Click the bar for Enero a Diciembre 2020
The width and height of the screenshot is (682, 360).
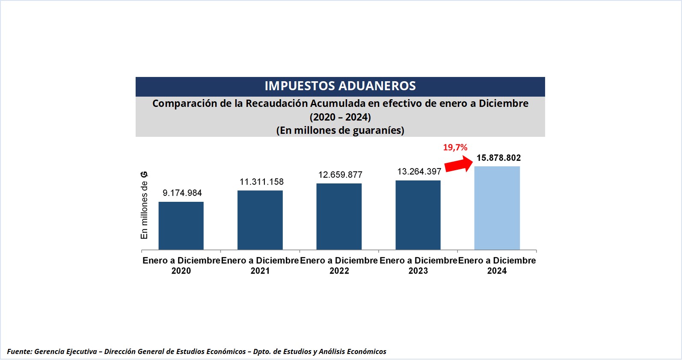tap(181, 226)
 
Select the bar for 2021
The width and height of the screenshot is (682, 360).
tap(260, 220)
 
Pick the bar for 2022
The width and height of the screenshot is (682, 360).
tap(339, 217)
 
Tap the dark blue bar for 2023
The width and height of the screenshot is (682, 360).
tap(418, 215)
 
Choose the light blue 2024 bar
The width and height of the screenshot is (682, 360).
tap(497, 208)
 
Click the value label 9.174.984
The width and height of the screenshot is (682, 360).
tap(182, 193)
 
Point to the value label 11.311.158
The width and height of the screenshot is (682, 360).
tap(261, 182)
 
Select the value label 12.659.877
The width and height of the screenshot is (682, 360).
tap(340, 174)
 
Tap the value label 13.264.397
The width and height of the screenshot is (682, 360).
tap(419, 171)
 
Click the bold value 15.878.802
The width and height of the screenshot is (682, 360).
tap(498, 158)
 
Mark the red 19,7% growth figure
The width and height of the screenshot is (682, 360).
tap(455, 148)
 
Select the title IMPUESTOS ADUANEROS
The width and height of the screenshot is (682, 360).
tap(340, 86)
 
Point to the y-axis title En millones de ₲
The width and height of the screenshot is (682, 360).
tap(144, 205)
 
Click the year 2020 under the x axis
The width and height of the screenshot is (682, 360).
tap(181, 271)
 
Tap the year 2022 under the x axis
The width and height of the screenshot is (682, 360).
tap(339, 271)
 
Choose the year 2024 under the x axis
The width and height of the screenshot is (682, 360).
tap(497, 271)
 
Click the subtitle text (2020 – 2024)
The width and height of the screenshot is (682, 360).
tap(340, 117)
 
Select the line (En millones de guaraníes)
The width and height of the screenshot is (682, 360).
tap(340, 130)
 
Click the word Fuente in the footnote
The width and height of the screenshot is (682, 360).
tap(19, 351)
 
